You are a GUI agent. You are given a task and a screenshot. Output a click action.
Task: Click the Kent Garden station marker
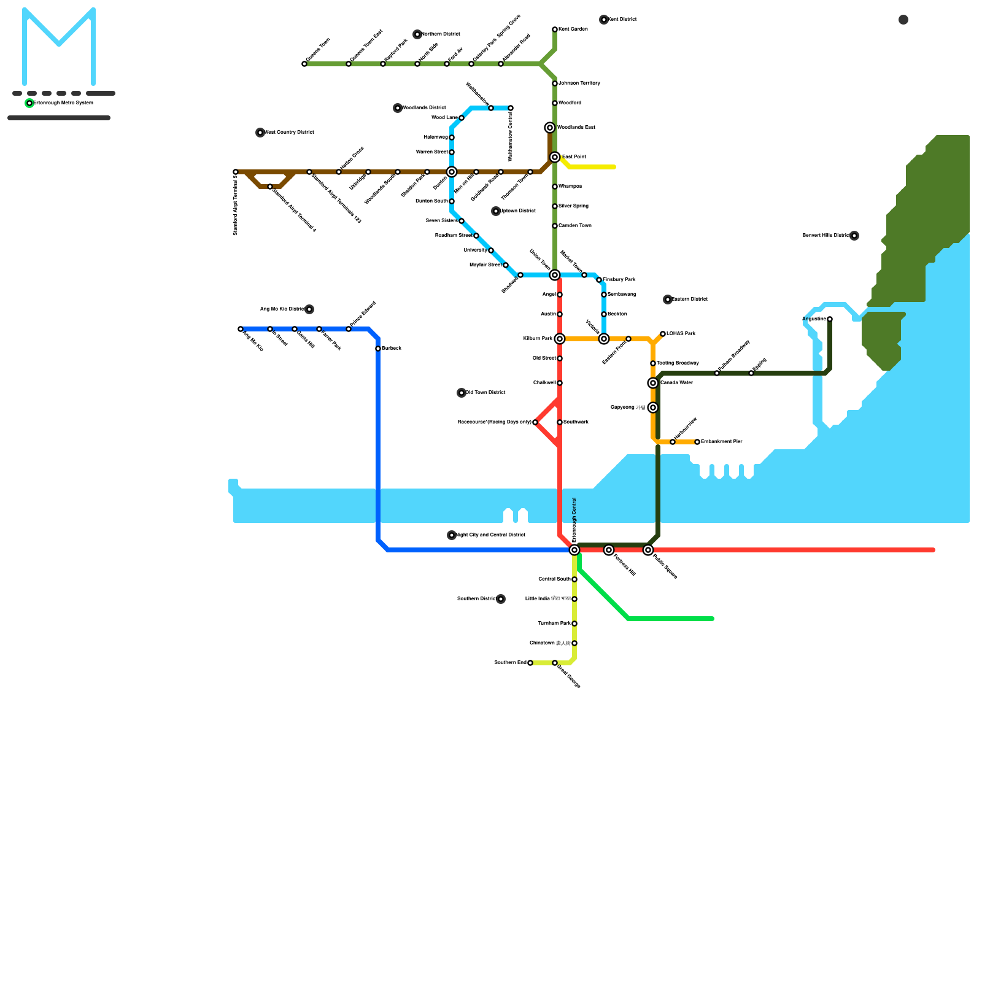coord(555,29)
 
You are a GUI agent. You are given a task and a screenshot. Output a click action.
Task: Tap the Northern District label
coord(441,34)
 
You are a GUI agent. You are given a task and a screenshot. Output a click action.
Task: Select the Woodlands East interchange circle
coord(550,128)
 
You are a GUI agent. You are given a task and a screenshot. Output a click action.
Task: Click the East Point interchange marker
coord(555,157)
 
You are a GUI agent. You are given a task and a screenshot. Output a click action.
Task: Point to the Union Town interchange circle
coord(555,275)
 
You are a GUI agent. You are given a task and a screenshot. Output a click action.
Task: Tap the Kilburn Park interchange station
coord(560,339)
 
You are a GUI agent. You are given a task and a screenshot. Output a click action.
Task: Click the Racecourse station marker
coord(535,422)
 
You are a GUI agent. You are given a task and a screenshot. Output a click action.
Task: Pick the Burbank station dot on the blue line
coord(378,349)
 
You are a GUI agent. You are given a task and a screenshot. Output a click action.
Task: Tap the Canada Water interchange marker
coord(653,383)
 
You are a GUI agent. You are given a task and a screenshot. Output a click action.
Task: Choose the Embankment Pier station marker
coord(697,442)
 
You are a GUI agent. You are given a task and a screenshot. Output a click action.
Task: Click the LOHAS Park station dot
coord(663,334)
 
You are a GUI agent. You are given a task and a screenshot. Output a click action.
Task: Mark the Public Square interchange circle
coord(648,550)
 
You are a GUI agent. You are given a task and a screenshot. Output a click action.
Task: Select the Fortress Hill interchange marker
coord(609,550)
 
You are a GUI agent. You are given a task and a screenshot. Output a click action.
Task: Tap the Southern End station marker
coord(530,663)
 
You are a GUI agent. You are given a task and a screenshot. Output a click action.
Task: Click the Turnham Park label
coord(554,623)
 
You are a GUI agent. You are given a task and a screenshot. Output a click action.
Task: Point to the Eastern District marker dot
coord(668,300)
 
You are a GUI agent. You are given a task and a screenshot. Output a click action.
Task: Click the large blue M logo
coord(59,46)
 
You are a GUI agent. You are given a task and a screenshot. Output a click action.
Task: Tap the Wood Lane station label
coord(444,117)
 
